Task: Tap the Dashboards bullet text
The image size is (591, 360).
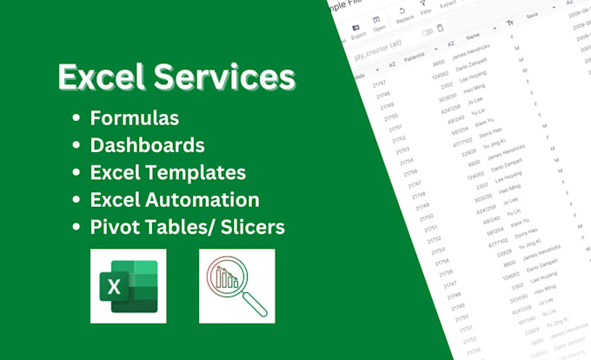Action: [148, 143]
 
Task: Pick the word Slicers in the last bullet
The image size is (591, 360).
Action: [244, 227]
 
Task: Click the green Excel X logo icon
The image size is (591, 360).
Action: [128, 286]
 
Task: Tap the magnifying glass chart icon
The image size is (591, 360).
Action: [236, 286]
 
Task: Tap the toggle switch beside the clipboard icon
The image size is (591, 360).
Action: [428, 33]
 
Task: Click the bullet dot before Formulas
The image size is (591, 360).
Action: [79, 117]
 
